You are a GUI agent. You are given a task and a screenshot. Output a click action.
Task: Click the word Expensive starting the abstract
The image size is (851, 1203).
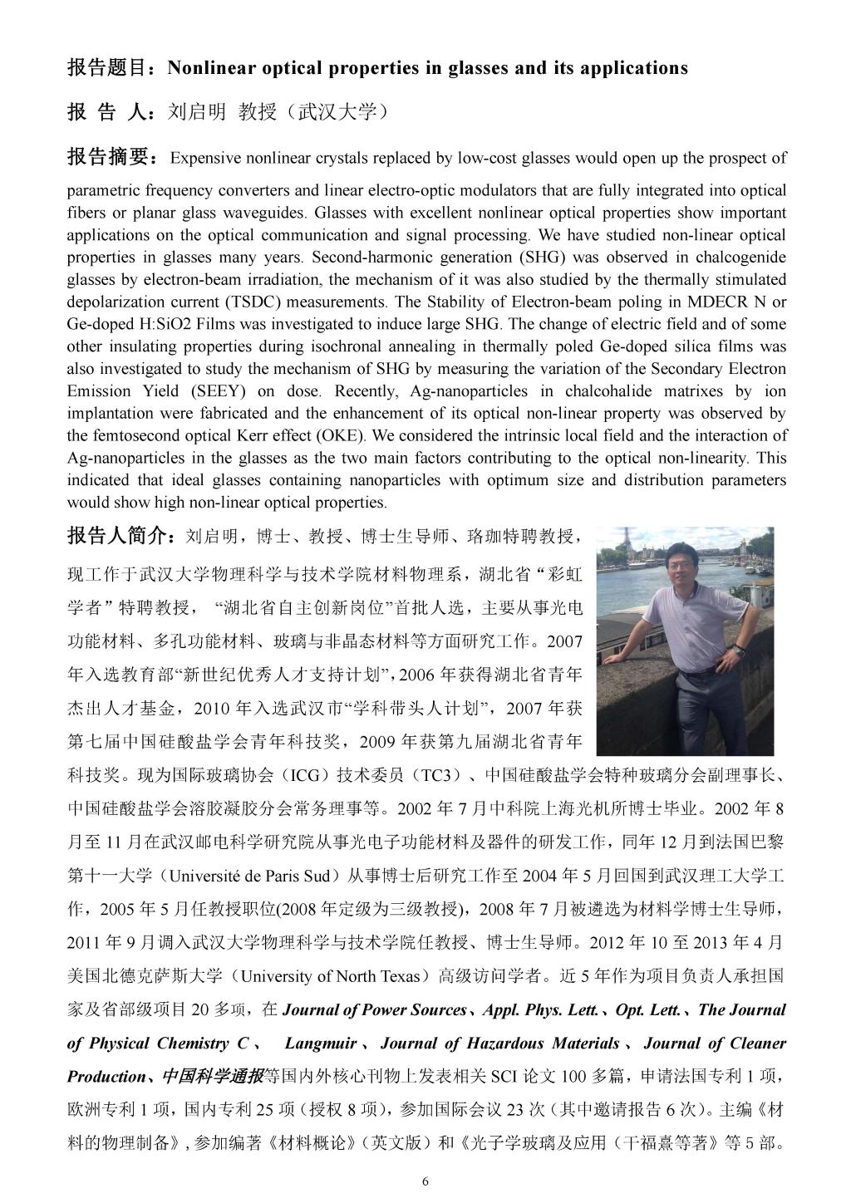coord(205,158)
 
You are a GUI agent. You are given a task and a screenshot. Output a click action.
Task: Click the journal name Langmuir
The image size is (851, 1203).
coord(321,1043)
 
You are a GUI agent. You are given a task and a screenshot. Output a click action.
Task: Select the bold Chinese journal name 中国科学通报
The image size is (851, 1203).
coord(211,1077)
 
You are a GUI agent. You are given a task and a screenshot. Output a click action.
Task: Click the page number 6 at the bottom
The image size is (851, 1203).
coord(425,1182)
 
